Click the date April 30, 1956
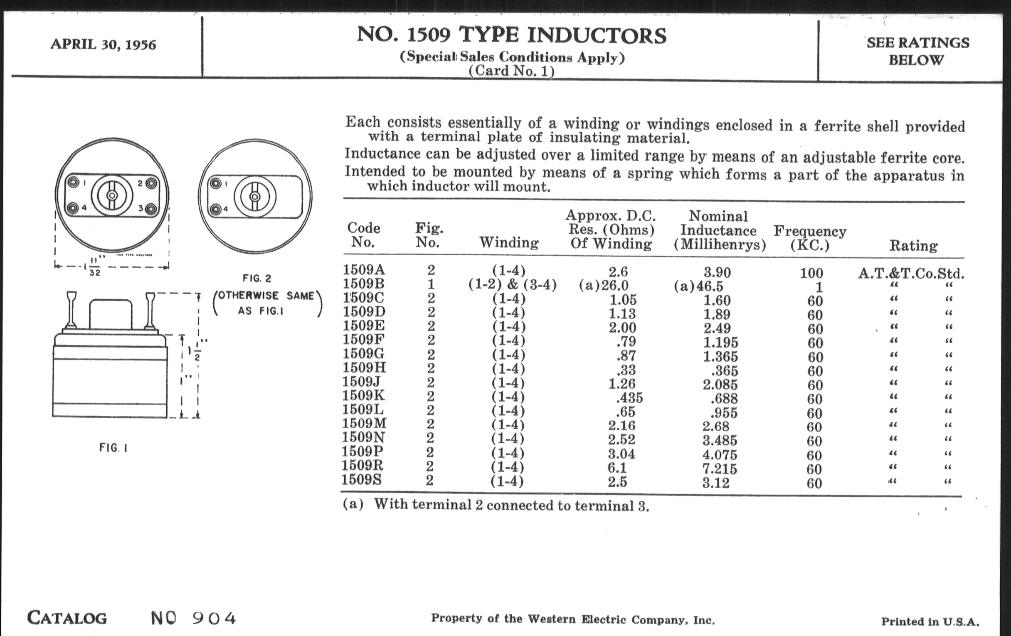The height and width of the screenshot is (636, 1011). pyautogui.click(x=103, y=44)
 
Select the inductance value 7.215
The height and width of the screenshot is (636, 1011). pyautogui.click(x=720, y=468)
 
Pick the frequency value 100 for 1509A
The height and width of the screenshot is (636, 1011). pyautogui.click(x=811, y=273)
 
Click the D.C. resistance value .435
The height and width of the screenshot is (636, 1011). pyautogui.click(x=627, y=397)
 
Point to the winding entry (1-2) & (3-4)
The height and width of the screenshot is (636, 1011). pyautogui.click(x=512, y=285)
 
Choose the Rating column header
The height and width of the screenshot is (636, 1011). pyautogui.click(x=913, y=246)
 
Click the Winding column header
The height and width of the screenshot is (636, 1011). pyautogui.click(x=509, y=242)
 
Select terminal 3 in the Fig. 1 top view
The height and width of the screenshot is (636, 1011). pyautogui.click(x=152, y=209)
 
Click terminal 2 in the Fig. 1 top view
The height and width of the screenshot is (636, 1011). pyautogui.click(x=152, y=183)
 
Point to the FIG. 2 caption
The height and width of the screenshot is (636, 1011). pyautogui.click(x=257, y=279)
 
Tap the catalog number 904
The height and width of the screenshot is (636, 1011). pyautogui.click(x=214, y=618)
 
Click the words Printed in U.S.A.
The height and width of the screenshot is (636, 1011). pyautogui.click(x=930, y=621)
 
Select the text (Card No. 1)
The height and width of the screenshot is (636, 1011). pyautogui.click(x=511, y=71)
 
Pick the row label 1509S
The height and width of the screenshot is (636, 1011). pyautogui.click(x=362, y=479)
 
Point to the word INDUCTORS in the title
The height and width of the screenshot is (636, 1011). pyautogui.click(x=596, y=35)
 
